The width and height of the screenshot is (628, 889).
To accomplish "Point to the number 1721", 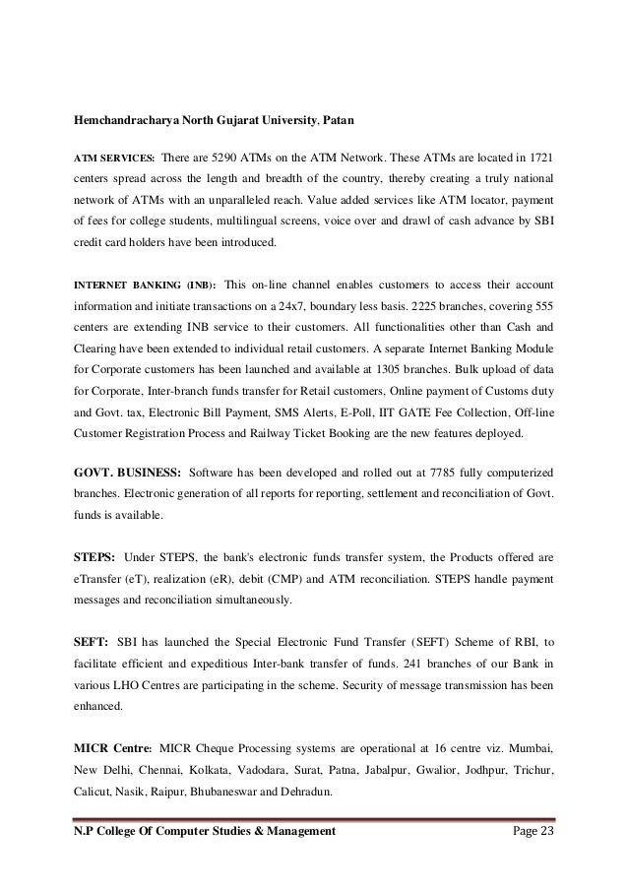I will coord(539,158).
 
